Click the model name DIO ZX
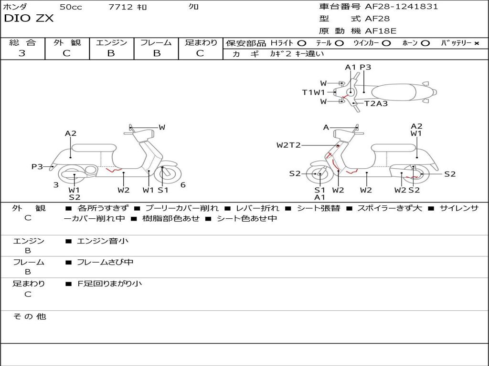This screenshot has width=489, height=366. coord(29,19)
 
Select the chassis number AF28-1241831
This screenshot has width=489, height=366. coord(401,7)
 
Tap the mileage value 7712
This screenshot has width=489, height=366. coord(121,7)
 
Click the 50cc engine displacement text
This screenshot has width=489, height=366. coord(71,7)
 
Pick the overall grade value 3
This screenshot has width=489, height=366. coord(22,53)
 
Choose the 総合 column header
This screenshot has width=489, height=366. coord(22,42)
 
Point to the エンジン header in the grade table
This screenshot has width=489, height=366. coord(111,42)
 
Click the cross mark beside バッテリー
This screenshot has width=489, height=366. coord(476,43)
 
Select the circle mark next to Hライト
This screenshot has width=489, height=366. coord(301,43)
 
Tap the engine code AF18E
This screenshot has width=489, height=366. coord(381,31)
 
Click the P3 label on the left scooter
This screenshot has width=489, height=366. coord(37,166)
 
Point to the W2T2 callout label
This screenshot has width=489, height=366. coord(288,145)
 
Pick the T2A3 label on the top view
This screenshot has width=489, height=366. coord(376,103)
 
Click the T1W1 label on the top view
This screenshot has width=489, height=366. coord(313,92)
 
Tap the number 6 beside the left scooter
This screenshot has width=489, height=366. coord(183,185)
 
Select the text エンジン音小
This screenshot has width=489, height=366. coord(103,241)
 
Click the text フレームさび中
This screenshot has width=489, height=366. coord(105,262)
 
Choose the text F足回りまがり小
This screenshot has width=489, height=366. coord(110,284)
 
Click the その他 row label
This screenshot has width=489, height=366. coord(29,316)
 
